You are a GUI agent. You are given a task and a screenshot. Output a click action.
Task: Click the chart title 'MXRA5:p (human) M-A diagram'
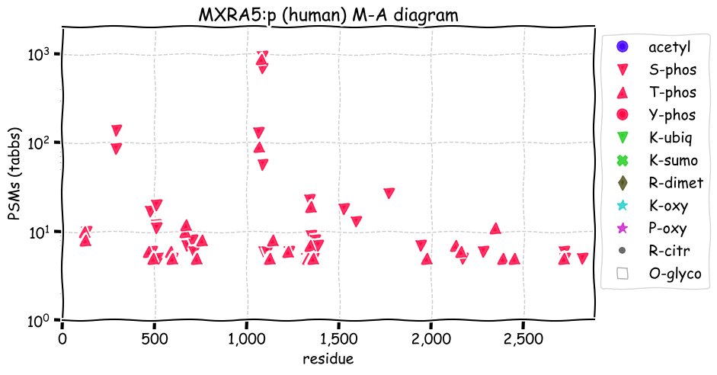coord(328,15)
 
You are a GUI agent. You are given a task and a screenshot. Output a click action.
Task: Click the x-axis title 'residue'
coord(328,358)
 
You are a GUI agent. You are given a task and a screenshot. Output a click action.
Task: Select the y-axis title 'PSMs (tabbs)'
coord(15,175)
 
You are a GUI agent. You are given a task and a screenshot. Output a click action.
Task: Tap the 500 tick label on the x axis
coord(155,340)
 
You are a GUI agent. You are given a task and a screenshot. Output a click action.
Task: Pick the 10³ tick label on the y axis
coord(40,54)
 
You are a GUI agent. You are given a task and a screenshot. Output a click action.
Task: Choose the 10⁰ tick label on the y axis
coord(40,320)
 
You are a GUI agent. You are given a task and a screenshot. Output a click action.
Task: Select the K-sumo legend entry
coord(657,160)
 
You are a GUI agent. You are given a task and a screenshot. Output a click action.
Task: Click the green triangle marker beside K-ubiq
coord(623,138)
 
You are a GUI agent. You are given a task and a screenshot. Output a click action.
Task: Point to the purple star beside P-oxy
coord(623,228)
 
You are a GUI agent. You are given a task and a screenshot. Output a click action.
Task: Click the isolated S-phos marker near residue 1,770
coord(389,193)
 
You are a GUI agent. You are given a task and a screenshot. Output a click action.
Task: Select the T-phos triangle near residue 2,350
coord(495,228)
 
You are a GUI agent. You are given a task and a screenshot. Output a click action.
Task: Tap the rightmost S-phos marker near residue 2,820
coord(582,258)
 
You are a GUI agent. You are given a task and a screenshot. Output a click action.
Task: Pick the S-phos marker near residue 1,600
coord(356,221)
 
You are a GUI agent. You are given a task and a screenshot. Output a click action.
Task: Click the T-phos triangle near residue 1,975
coord(427,259)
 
